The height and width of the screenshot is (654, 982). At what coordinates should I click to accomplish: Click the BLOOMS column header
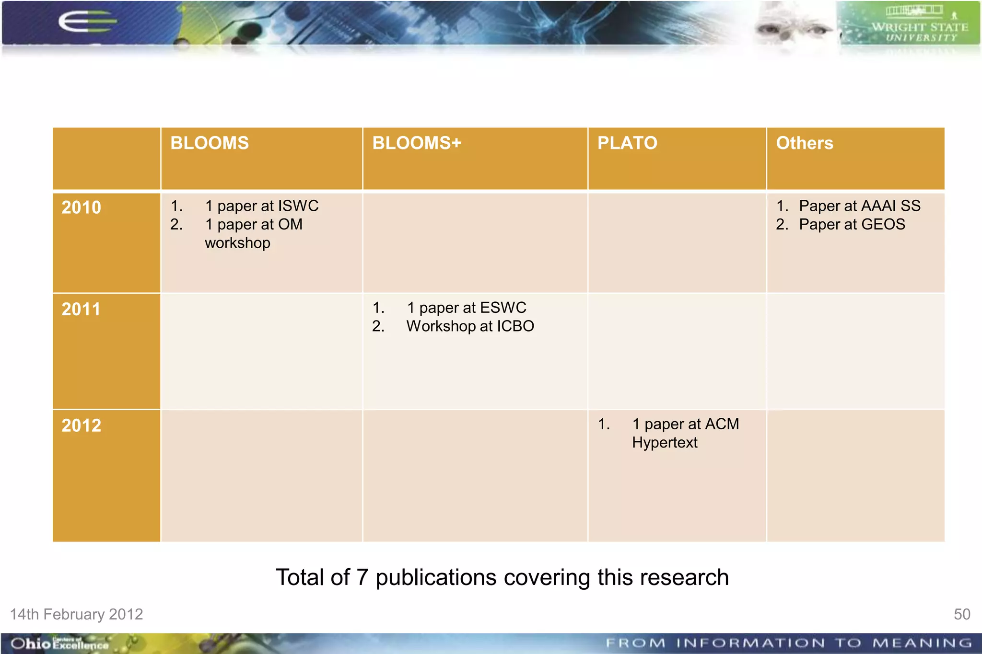click(x=210, y=143)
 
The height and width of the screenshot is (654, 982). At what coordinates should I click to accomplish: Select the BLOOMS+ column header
click(x=416, y=143)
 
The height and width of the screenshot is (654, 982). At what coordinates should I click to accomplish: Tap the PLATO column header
click(x=627, y=143)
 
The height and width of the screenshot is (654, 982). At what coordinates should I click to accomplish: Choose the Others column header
click(x=804, y=143)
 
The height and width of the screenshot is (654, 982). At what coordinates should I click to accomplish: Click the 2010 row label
click(x=81, y=207)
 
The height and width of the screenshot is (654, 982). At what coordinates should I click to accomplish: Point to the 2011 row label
click(x=81, y=310)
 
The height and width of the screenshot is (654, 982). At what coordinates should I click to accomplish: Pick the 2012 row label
click(x=81, y=425)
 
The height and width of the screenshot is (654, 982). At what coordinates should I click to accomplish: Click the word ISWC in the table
click(x=298, y=206)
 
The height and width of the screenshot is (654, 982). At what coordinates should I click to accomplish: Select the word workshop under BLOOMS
click(x=237, y=243)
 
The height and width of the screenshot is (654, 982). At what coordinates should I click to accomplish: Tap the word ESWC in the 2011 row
click(x=503, y=308)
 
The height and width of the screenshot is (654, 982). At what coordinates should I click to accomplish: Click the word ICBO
click(x=515, y=326)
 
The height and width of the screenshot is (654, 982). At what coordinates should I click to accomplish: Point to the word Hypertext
click(x=664, y=443)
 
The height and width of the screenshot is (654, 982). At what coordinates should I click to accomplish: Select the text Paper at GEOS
click(x=852, y=224)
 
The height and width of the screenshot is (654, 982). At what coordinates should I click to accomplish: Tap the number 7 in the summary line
click(x=362, y=577)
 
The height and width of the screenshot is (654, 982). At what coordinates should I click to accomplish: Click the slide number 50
click(x=961, y=614)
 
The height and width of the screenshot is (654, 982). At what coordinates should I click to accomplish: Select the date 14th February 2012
click(x=77, y=614)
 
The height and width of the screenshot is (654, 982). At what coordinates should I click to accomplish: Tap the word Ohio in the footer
click(x=30, y=643)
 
